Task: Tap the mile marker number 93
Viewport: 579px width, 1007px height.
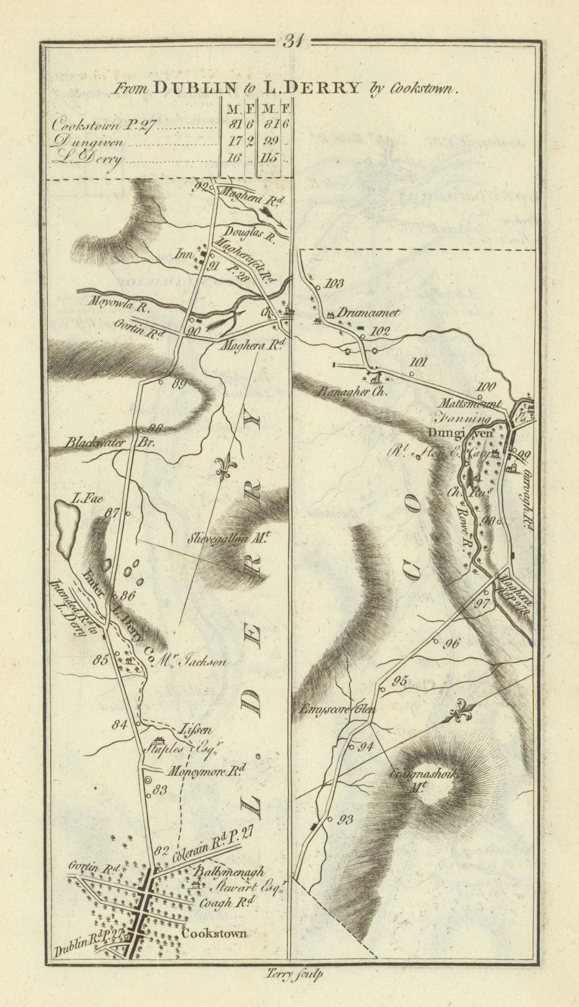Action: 346,819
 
